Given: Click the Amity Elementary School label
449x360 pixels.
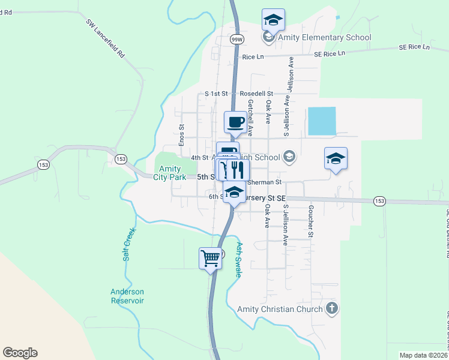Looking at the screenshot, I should tap(324, 37).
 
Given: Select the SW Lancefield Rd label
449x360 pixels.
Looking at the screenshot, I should tap(105, 39).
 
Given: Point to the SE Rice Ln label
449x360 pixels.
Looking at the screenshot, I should tap(331, 53).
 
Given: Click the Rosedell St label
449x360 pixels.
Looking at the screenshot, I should tap(256, 94).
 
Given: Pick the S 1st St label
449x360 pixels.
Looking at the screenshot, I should tap(217, 94).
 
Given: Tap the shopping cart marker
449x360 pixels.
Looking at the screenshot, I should tap(211, 259).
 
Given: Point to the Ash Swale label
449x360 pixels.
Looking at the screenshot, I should tap(238, 260).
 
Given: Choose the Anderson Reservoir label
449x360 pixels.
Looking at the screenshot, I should tap(127, 296).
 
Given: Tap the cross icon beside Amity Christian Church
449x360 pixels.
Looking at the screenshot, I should tap(332, 309).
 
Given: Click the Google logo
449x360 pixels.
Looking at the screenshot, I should tap(20, 353).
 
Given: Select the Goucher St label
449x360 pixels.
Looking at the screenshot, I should tap(311, 223).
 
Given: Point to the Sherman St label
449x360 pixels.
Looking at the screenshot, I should tap(265, 181).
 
